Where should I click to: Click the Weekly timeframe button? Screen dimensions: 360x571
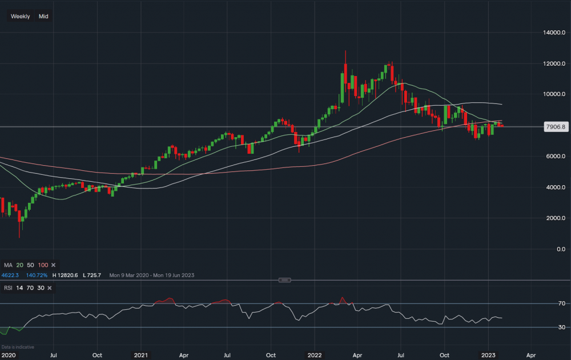pos(21,16)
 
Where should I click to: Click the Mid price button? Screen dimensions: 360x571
pos(43,16)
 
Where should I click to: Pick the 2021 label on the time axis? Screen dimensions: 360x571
pos(140,354)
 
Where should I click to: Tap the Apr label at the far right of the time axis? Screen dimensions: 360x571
pos(530,354)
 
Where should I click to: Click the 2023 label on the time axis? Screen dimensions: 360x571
pos(489,354)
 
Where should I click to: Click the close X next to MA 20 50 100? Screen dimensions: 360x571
pos(53,265)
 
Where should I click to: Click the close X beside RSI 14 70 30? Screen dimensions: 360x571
pos(50,287)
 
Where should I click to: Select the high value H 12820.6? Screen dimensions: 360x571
pos(65,275)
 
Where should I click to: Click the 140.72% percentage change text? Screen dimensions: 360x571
pos(38,275)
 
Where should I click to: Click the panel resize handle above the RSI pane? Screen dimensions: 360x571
pos(285,280)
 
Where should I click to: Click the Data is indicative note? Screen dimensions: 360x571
pos(18,347)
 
